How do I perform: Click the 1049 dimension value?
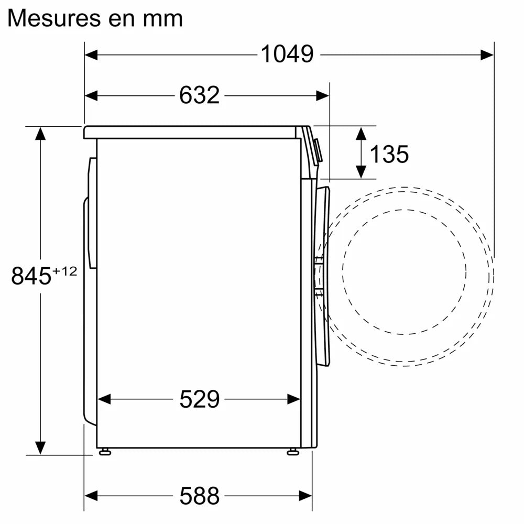pos(287,53)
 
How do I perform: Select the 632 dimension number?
pos(199,95)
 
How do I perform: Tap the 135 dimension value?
pos(389,154)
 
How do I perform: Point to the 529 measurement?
pos(199,399)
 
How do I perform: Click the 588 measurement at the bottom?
pos(199,495)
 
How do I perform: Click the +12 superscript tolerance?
pos(65,271)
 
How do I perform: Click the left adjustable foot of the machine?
pos(105,451)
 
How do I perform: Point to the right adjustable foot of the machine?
pos(292,451)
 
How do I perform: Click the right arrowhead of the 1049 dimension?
pos(487,53)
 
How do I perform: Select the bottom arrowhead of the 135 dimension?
pos(361,171)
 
